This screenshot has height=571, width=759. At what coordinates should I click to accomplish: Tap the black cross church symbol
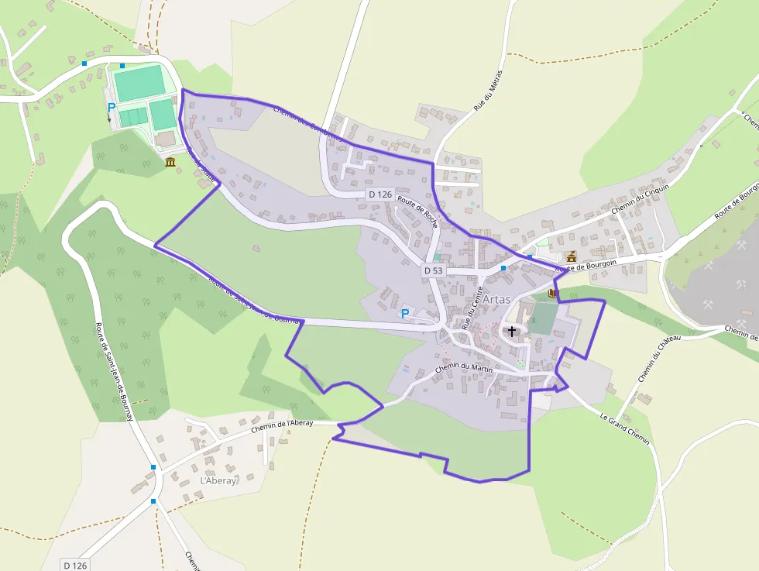pos(511,332)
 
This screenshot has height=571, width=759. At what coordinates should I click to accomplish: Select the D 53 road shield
pos(433,270)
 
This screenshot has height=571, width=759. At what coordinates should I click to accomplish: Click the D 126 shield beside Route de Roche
pos(380,194)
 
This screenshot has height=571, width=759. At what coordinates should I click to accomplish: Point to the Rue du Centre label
pos(472,308)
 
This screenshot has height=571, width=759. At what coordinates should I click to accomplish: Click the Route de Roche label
pos(418,211)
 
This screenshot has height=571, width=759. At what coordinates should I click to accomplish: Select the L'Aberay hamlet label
pos(218,480)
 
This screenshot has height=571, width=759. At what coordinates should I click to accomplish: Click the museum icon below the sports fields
pos(170,161)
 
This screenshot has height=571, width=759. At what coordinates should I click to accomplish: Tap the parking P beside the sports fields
pos(111,108)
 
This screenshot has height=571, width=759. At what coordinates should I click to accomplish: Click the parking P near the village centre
pos(404,314)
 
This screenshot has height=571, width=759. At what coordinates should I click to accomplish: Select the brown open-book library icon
pos(552,294)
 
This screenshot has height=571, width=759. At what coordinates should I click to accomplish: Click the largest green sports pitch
pos(139,83)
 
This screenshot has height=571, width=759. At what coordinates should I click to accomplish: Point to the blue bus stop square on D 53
pos(503,268)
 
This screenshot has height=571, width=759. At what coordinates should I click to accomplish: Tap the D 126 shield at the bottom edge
pos(75,565)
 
